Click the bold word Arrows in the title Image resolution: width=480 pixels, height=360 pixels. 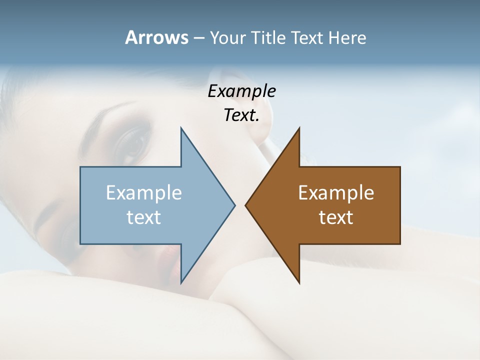(x=156, y=37)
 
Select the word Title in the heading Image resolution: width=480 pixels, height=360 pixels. (x=270, y=38)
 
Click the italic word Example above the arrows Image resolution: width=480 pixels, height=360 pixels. (x=241, y=91)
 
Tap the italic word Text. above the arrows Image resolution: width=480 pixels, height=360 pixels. (x=241, y=115)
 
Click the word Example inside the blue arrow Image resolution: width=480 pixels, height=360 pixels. (x=144, y=193)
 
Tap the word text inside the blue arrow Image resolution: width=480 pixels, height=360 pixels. (x=144, y=217)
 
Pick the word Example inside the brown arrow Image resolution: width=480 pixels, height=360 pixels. (x=336, y=193)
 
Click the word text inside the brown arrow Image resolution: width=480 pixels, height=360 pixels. (x=336, y=217)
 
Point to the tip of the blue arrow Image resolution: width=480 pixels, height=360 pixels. (x=234, y=205)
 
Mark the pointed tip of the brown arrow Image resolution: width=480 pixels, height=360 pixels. (x=246, y=205)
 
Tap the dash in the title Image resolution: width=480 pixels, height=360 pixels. (x=198, y=38)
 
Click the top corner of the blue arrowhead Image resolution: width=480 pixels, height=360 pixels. (x=181, y=128)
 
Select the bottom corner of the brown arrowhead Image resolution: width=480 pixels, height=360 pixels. (x=299, y=283)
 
